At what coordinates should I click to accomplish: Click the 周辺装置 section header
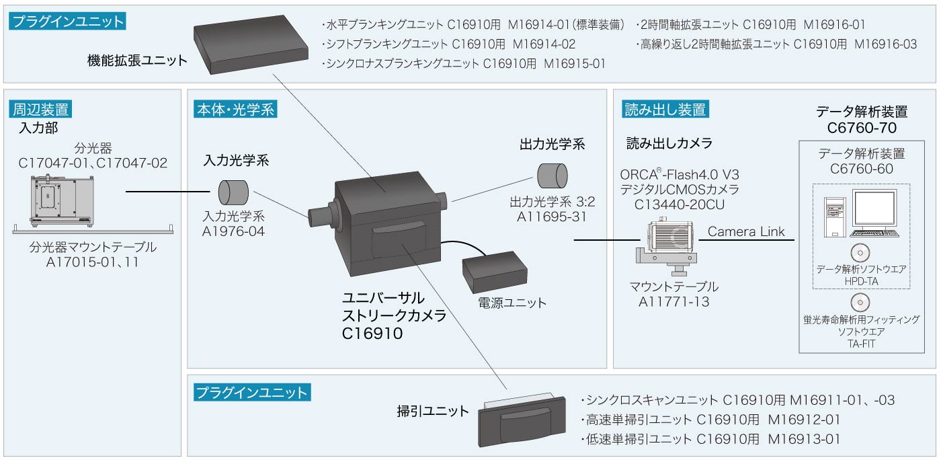pos(42,109)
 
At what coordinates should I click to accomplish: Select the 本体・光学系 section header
pos(235,109)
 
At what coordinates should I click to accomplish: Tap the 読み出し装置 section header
pos(665,109)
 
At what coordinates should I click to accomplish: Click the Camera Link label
pos(746,232)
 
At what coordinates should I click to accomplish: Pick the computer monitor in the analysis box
pos(874,210)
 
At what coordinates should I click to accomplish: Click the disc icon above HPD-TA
pos(860,252)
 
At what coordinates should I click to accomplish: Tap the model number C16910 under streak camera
pos(372,332)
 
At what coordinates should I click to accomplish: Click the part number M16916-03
pos(885,44)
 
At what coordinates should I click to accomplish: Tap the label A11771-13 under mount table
pos(673,302)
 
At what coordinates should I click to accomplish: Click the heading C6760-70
pos(862,128)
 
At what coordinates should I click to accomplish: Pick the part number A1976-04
pos(233,231)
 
